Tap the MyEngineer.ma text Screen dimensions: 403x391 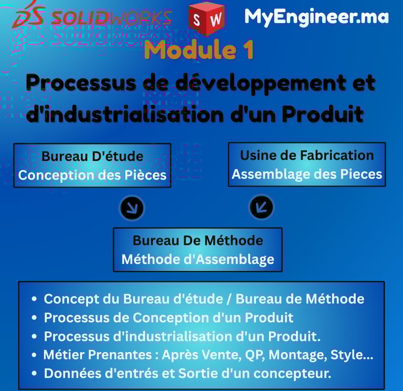point(316,17)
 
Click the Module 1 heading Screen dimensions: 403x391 point(199,50)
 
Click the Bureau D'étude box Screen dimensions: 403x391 point(92,165)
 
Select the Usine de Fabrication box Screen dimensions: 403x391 point(306,164)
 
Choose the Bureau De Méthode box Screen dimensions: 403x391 point(198,249)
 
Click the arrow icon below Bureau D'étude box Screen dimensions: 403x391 point(132,208)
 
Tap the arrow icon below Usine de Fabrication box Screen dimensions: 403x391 point(261,207)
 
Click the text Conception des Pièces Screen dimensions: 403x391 point(92,175)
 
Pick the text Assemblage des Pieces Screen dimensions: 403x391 point(307,174)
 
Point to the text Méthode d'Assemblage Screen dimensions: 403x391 point(198,259)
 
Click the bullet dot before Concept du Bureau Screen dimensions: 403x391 point(34,299)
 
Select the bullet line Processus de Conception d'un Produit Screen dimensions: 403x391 point(168,318)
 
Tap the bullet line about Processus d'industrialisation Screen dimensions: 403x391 point(182,336)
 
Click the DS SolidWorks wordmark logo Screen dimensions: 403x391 point(92,17)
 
